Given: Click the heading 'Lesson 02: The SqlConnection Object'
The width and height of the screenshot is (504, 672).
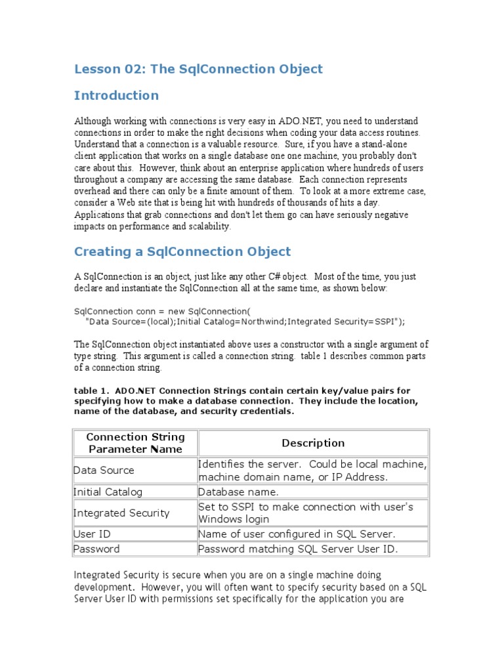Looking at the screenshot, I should (x=198, y=69).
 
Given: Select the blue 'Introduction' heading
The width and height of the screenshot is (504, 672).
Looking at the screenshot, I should (x=116, y=95).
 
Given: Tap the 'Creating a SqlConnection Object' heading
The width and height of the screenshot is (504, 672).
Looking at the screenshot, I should (x=182, y=251).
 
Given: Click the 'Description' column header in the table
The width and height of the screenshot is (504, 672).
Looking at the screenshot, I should (x=313, y=443).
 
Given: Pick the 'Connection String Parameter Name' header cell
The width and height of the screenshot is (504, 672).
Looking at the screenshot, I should (x=136, y=443).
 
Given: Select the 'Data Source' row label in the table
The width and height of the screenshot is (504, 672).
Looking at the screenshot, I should (x=104, y=470).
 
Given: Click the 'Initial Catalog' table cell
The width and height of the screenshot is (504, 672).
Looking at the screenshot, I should (x=108, y=492).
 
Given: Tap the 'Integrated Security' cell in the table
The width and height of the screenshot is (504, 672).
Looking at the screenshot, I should (x=121, y=513).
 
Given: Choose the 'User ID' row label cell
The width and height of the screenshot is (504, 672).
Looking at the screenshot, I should (x=92, y=534).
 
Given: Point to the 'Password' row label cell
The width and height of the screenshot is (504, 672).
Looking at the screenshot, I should (x=96, y=549).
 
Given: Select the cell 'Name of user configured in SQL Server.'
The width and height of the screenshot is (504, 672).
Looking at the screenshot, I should (x=297, y=534).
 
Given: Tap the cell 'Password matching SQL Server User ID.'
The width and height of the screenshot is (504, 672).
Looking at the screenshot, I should (x=298, y=549).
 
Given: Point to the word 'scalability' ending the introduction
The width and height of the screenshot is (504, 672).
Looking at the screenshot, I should (x=208, y=226).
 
